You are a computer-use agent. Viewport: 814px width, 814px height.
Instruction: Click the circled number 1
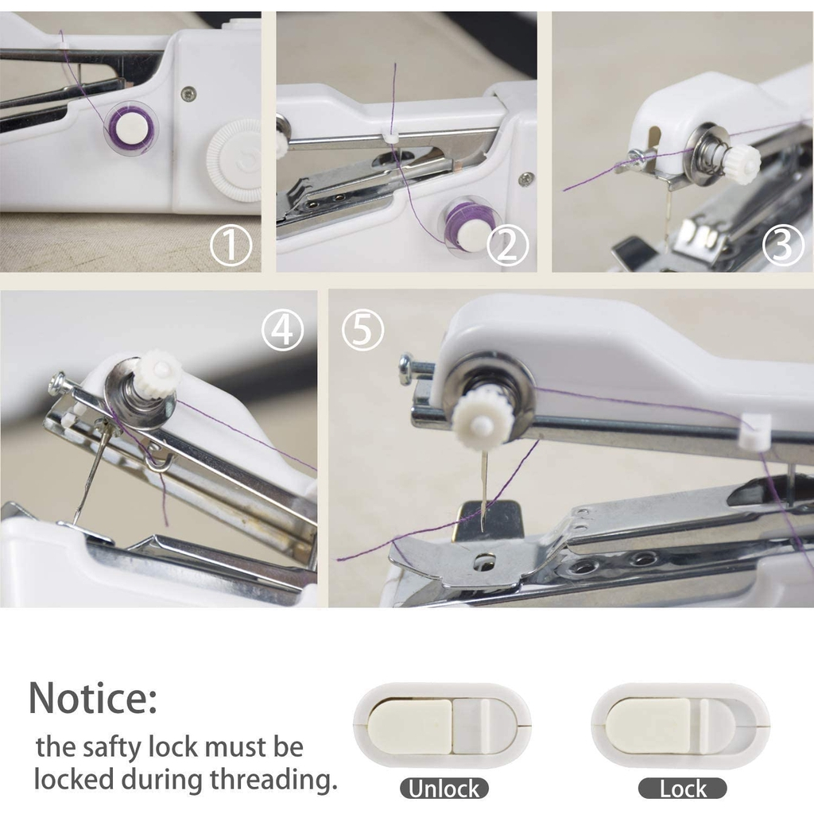click(x=231, y=245)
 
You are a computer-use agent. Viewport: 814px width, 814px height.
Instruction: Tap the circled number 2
click(x=508, y=245)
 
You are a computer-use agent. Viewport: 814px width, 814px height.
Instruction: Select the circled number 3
click(x=783, y=245)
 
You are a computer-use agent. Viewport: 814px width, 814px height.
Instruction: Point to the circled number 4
click(x=282, y=330)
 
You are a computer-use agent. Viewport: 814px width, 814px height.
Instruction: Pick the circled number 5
click(x=362, y=330)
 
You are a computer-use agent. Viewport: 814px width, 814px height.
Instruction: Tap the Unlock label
click(x=444, y=789)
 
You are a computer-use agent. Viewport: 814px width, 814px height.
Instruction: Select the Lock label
click(x=682, y=789)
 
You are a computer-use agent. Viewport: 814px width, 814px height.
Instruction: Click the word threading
click(x=273, y=781)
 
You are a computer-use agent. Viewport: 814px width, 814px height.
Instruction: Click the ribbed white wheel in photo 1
click(x=234, y=160)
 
